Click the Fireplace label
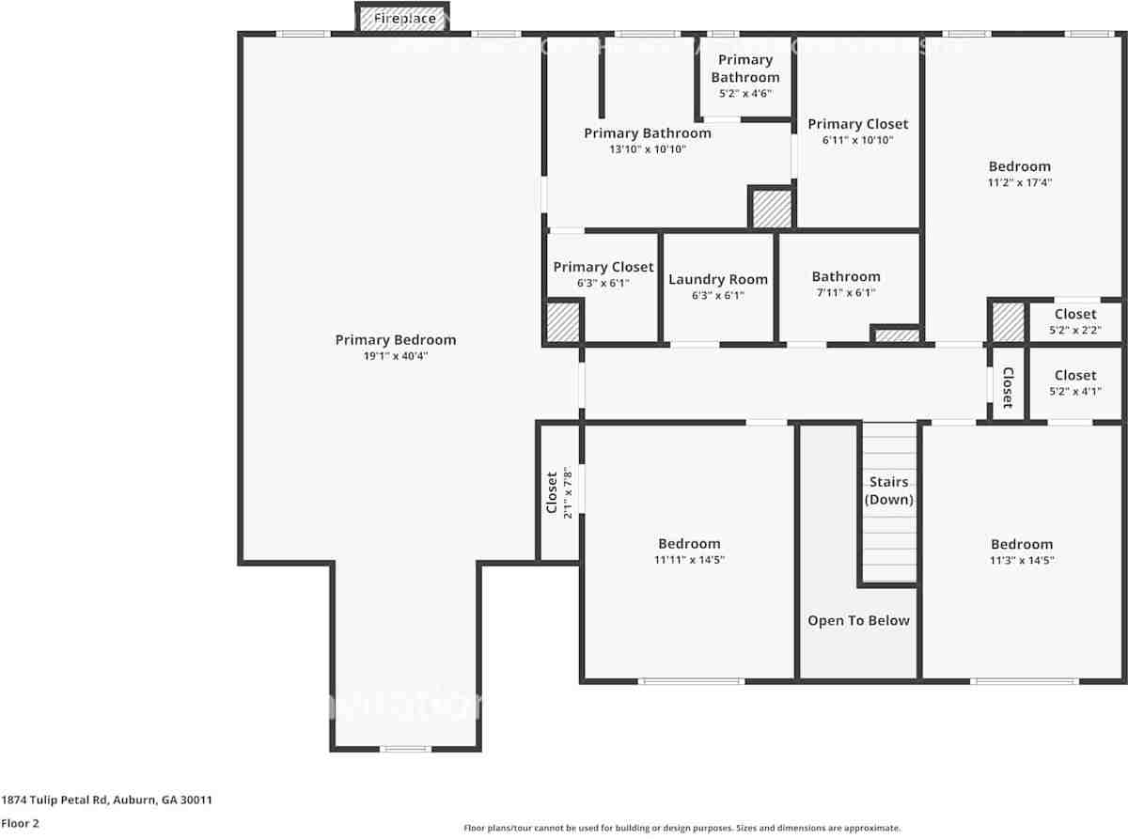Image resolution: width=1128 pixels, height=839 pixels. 404,18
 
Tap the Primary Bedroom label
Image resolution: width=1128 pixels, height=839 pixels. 395,340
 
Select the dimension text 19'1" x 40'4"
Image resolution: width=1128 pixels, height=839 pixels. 395,356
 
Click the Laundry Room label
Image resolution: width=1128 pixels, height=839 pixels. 718,279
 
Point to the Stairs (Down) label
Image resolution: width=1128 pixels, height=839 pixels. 888,490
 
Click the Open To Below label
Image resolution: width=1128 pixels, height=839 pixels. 858,620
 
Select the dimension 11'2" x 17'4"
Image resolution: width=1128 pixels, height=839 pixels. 1019,183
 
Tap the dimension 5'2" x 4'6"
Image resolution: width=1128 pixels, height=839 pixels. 745,94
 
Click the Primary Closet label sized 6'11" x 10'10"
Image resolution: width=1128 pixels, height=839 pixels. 857,124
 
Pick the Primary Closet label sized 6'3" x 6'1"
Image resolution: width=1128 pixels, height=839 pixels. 603,267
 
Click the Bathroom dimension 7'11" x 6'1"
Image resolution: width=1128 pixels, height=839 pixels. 846,292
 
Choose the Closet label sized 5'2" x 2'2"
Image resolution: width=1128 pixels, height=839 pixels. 1074,314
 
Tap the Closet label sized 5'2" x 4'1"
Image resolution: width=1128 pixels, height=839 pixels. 1074,375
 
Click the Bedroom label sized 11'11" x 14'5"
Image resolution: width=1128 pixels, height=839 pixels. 689,543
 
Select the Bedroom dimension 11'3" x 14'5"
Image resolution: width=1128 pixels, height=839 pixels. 1021,560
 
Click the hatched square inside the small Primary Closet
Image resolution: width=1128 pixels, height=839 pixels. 563,321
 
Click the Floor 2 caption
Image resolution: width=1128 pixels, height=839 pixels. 20,823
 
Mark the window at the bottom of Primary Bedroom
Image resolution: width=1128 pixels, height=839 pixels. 405,749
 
